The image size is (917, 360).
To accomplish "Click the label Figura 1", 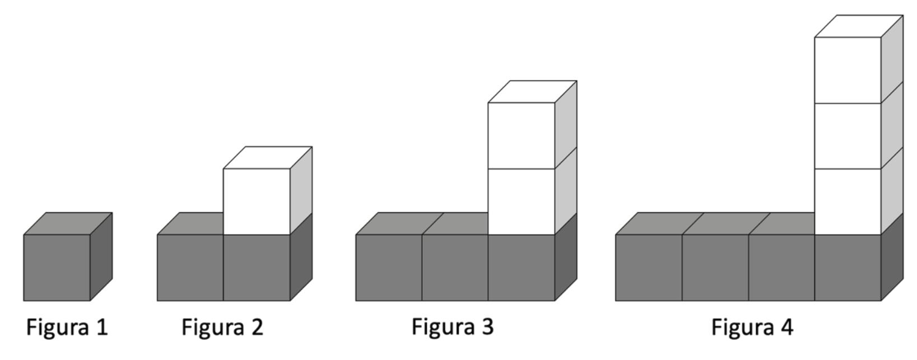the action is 67,327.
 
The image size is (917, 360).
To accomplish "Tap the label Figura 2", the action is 222,327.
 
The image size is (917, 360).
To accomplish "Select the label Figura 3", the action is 453,326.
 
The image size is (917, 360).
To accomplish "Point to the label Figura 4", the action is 752,327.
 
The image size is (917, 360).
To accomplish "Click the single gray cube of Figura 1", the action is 57,267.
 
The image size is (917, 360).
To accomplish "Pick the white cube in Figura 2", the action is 257,201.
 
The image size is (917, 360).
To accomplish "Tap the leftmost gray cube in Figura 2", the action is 190,267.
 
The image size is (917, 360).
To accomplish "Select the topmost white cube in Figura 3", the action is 522,135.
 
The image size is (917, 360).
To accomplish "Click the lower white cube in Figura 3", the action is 522,201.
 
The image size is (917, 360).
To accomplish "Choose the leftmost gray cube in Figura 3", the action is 389,267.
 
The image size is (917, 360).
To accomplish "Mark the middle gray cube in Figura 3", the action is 455,267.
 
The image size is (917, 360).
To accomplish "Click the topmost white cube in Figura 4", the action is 848,69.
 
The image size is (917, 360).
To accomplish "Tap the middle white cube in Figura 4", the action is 848,135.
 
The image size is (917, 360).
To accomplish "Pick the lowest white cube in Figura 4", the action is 848,201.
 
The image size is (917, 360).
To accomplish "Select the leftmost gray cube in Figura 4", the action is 649,267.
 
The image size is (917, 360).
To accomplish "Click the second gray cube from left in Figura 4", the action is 715,267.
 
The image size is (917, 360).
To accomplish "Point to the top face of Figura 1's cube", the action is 68,223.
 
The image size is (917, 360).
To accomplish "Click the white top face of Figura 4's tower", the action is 859,26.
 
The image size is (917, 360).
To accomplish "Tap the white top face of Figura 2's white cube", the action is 268,157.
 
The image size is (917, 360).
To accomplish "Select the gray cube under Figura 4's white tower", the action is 848,267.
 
